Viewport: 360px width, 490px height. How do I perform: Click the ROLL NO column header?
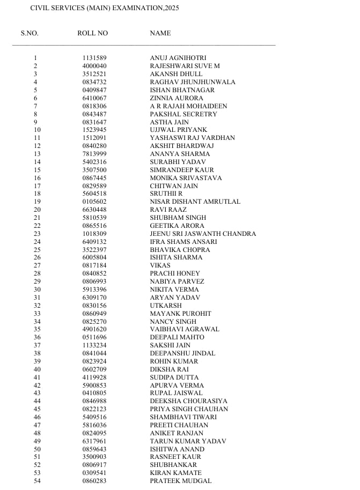click(x=92, y=33)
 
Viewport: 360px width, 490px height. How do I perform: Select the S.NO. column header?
click(x=30, y=33)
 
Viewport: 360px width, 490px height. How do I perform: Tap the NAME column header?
click(x=160, y=33)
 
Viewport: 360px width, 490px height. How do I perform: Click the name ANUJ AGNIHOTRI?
click(x=178, y=58)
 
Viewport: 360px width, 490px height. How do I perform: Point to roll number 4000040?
click(x=94, y=66)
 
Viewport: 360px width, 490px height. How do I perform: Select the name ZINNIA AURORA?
click(x=177, y=98)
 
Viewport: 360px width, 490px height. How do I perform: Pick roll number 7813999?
click(x=94, y=154)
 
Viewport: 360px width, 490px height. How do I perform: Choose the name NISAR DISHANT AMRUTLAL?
click(x=195, y=202)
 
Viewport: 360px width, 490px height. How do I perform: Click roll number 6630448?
click(x=94, y=210)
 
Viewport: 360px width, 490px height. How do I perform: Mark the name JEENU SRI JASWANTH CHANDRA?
click(x=203, y=234)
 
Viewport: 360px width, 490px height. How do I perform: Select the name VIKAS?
click(x=160, y=265)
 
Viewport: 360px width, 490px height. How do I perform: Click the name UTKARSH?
click(x=166, y=306)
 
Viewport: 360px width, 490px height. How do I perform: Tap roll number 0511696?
click(x=94, y=337)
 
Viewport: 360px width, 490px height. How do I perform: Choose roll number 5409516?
click(x=94, y=417)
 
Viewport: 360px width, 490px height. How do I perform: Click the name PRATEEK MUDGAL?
click(x=181, y=481)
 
